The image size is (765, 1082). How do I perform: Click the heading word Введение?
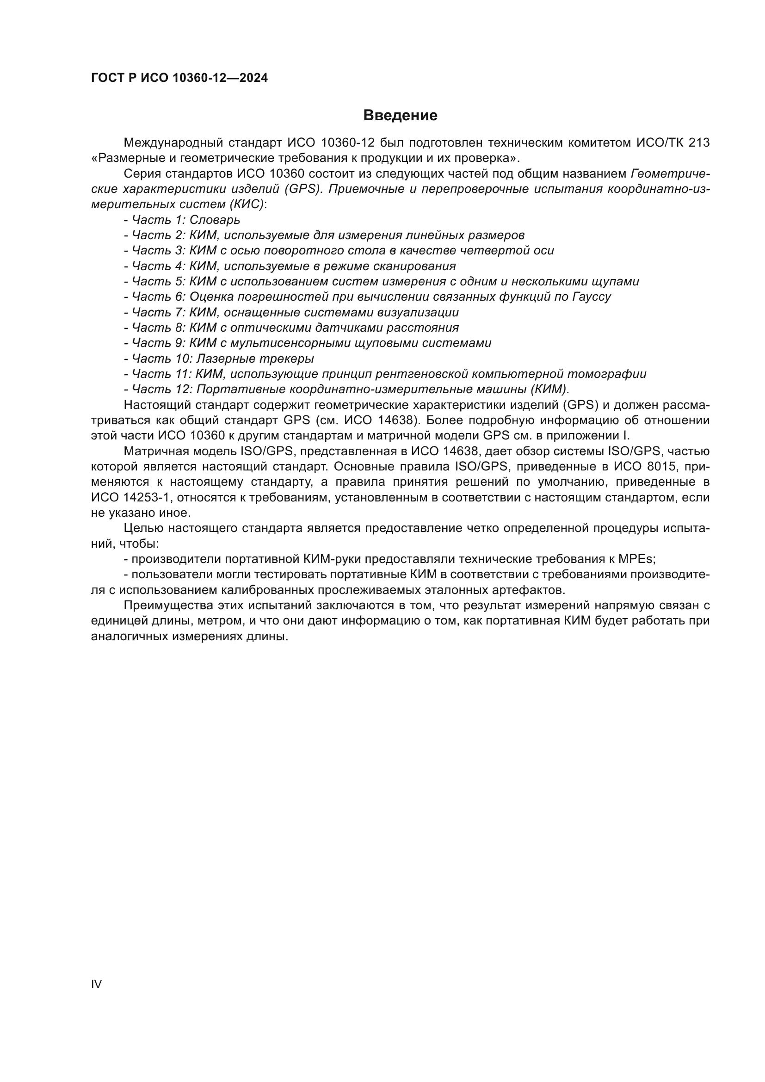point(400,116)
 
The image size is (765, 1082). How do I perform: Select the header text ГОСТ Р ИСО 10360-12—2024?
point(179,78)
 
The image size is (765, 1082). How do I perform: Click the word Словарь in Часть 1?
point(215,220)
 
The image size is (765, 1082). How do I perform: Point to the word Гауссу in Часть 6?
point(592,297)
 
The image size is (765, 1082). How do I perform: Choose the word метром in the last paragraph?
point(220,621)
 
